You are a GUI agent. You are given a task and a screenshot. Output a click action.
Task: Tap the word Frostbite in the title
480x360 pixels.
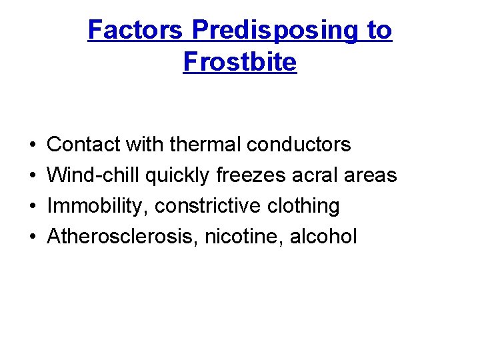[239, 62]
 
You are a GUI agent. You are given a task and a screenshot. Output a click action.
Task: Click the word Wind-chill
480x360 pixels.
[94, 175]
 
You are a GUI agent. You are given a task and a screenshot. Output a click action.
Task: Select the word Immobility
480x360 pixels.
[98, 206]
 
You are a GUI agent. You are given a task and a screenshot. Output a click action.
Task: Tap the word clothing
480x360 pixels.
[306, 206]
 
